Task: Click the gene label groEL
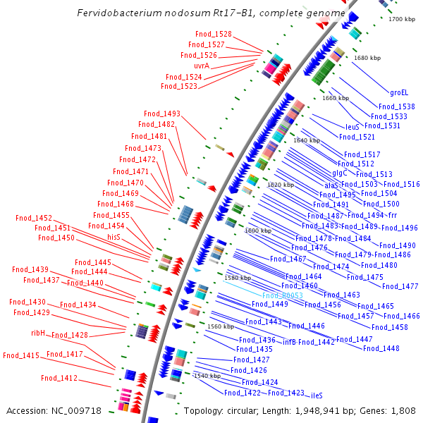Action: (399, 92)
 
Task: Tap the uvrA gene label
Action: (202, 66)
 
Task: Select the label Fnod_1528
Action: (213, 34)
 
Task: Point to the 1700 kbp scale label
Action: (402, 19)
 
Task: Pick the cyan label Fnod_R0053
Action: (282, 295)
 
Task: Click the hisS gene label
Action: (114, 238)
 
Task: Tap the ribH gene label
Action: (38, 332)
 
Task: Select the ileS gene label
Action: (317, 396)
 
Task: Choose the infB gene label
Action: (289, 342)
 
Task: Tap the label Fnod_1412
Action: (59, 378)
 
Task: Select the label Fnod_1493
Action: (162, 114)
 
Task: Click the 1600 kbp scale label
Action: (257, 231)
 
